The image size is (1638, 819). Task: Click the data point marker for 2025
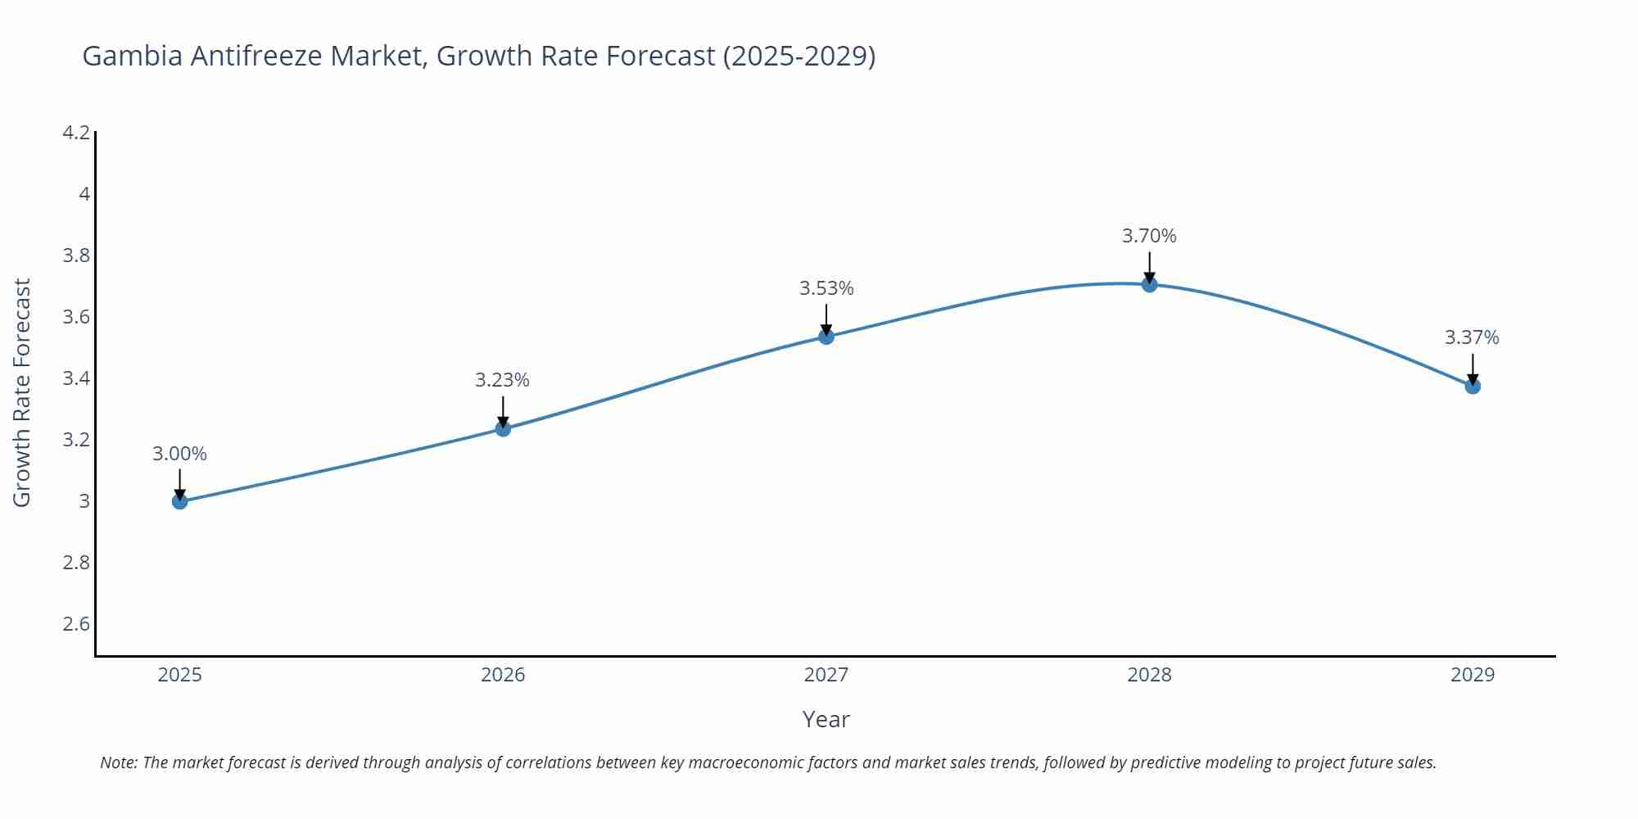[x=180, y=501]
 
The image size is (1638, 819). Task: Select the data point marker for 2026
[x=503, y=428]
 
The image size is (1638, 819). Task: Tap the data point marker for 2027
[x=826, y=337]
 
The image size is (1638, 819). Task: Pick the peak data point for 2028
[x=1149, y=284]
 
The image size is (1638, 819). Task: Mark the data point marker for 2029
[x=1473, y=386]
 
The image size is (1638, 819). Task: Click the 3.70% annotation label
[x=1149, y=236]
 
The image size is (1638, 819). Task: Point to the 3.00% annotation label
[x=180, y=454]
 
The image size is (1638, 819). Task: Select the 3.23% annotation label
[x=503, y=380]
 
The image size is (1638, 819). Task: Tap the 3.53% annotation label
[x=826, y=288]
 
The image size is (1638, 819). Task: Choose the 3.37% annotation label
[x=1472, y=337]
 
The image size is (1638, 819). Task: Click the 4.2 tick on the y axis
[x=76, y=133]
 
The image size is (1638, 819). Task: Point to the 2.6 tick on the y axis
[x=76, y=624]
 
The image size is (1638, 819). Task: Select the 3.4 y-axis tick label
[x=76, y=378]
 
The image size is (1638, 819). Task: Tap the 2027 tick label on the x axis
[x=826, y=675]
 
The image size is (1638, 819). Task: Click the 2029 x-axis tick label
[x=1473, y=675]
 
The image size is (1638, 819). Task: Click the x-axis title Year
[x=826, y=719]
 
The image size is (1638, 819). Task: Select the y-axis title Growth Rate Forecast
[x=22, y=393]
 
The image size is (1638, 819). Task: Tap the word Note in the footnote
[x=118, y=762]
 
